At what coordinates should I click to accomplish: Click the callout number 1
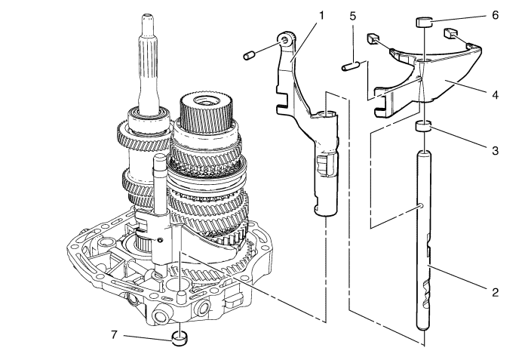[x=321, y=16]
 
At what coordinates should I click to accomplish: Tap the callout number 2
[x=495, y=292]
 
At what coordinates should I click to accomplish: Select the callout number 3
[x=495, y=150]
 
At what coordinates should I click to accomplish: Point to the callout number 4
[x=495, y=95]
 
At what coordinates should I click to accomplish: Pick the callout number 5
[x=352, y=16]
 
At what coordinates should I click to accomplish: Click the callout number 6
[x=495, y=15]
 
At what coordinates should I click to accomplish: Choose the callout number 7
[x=114, y=335]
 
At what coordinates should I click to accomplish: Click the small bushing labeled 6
[x=422, y=22]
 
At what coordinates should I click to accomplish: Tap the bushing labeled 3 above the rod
[x=423, y=127]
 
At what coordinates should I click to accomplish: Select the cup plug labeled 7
[x=180, y=338]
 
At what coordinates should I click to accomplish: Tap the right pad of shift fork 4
[x=451, y=33]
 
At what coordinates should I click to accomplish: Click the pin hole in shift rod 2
[x=422, y=206]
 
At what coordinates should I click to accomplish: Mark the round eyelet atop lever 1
[x=285, y=39]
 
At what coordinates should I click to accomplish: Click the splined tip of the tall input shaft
[x=148, y=23]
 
